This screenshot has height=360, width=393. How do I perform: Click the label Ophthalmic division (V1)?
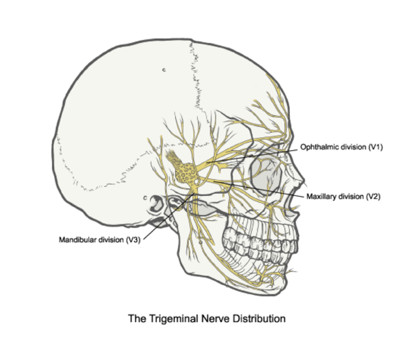tap(341, 147)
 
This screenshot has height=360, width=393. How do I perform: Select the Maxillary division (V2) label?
tap(343, 197)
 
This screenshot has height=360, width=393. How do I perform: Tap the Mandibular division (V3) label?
tap(100, 240)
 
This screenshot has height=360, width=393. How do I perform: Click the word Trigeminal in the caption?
tap(174, 318)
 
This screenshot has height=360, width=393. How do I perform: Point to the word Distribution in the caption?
tap(259, 318)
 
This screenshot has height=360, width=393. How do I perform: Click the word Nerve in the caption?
tap(215, 318)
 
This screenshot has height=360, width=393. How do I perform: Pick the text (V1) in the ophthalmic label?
tap(376, 147)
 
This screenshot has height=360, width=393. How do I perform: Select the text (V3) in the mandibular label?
tap(133, 240)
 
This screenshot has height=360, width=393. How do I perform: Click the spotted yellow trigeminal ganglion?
tap(187, 173)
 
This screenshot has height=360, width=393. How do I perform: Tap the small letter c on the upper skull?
tap(164, 70)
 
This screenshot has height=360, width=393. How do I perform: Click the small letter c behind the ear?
tap(145, 198)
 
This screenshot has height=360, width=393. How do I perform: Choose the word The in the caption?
tap(137, 318)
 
